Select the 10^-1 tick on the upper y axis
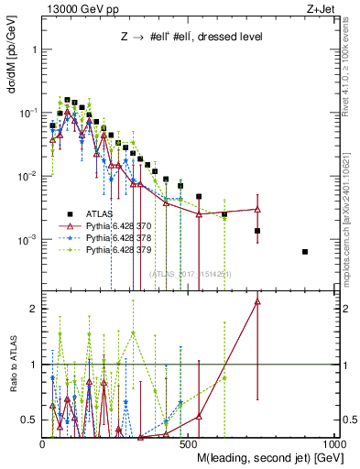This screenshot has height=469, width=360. [27, 112]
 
